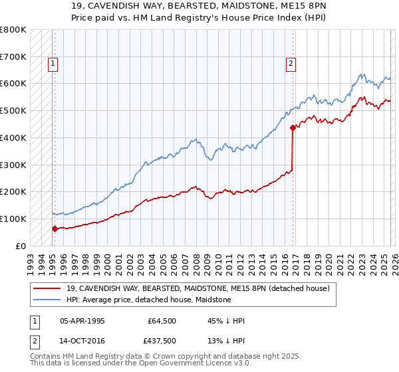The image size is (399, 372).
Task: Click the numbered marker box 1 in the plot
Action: click(53, 64)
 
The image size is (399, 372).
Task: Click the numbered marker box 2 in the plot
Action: click(291, 64)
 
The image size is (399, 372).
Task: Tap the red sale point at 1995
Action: click(55, 228)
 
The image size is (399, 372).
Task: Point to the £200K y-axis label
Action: click(15, 191)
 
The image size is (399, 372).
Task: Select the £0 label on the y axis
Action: click(20, 246)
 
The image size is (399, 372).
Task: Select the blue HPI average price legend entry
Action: click(148, 300)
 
